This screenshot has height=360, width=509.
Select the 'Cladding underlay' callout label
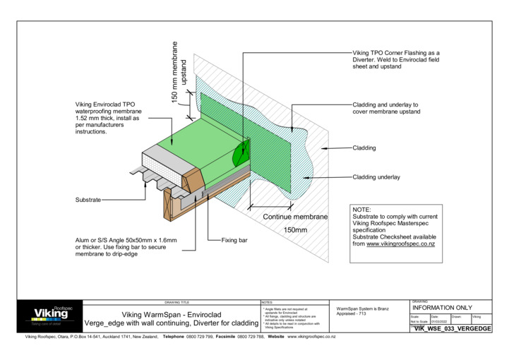point(376,176)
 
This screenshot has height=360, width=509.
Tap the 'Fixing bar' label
point(234,241)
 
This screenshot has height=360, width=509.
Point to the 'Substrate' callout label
point(88,200)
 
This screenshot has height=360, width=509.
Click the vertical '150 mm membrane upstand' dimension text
point(180,73)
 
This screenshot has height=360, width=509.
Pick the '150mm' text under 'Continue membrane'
point(295,230)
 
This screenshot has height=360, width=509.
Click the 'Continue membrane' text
point(295,217)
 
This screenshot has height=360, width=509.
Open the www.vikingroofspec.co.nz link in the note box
point(400,244)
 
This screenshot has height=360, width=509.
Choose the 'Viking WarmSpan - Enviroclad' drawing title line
point(172,314)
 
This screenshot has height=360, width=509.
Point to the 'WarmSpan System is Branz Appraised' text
point(364,311)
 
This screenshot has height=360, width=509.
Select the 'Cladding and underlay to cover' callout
point(385,108)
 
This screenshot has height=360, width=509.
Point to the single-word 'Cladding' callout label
point(364,148)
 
